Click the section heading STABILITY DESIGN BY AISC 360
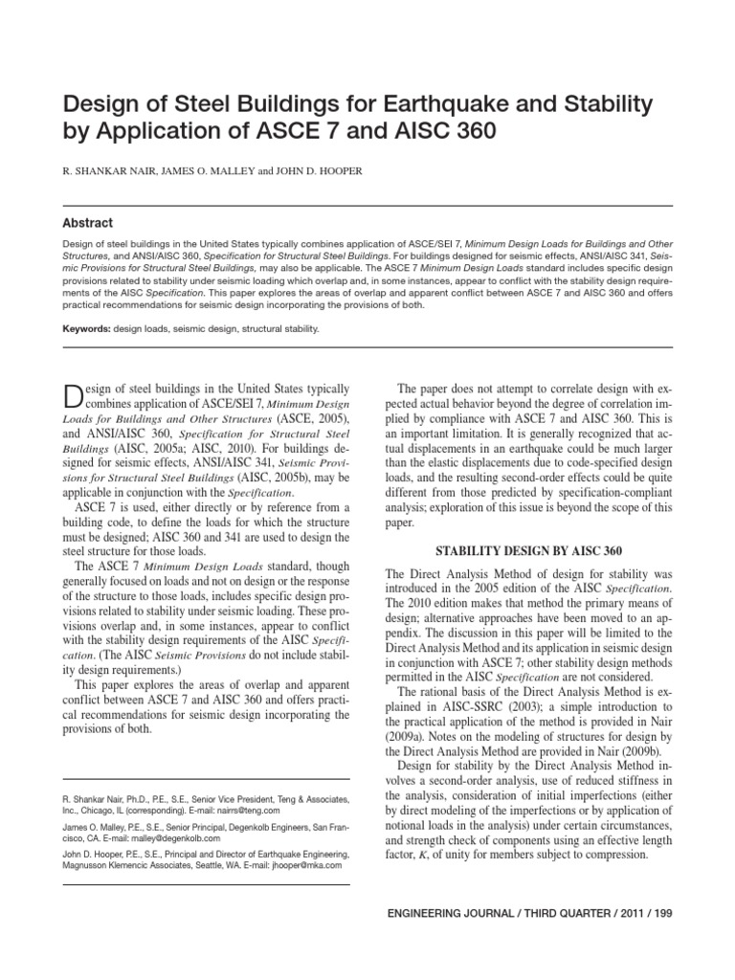pos(528,552)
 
